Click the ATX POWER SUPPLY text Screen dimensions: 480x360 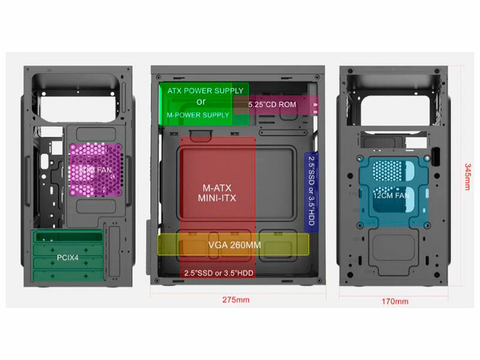[205, 91]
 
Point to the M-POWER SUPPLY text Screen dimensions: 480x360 [197, 115]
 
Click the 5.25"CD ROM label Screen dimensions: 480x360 [272, 104]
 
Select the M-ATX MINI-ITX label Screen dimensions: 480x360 [218, 193]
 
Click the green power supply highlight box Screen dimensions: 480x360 [174, 103]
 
